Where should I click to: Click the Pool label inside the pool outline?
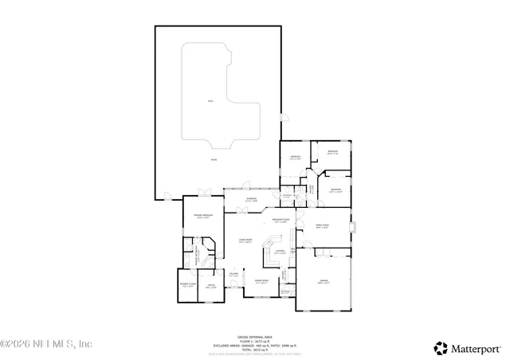tap(210, 102)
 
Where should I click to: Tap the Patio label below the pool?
tap(214, 161)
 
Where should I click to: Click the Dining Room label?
tap(261, 281)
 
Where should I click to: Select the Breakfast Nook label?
tap(280, 221)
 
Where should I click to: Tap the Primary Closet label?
tap(186, 284)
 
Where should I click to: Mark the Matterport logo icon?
tap(441, 347)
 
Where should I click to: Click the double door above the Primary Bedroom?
tap(205, 194)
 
